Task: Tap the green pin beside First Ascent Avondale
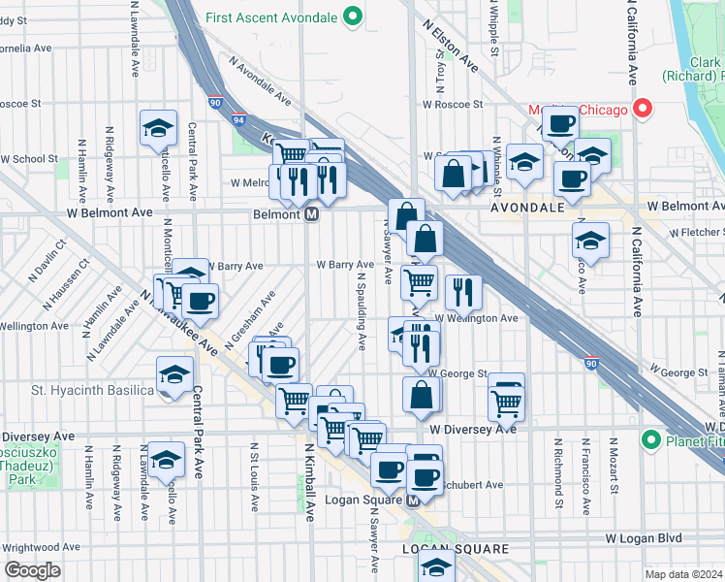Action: coord(354,16)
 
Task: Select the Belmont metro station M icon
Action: coord(312,214)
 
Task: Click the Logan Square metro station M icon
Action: coord(413,501)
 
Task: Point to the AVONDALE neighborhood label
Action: coord(527,208)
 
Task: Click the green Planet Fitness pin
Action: coord(651,441)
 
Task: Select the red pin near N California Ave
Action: coord(641,109)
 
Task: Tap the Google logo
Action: coord(31,570)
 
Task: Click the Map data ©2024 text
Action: coord(681,574)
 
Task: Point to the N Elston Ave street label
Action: coord(451,46)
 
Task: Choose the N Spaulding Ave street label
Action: coord(361,310)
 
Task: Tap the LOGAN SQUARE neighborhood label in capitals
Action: coord(456,549)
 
